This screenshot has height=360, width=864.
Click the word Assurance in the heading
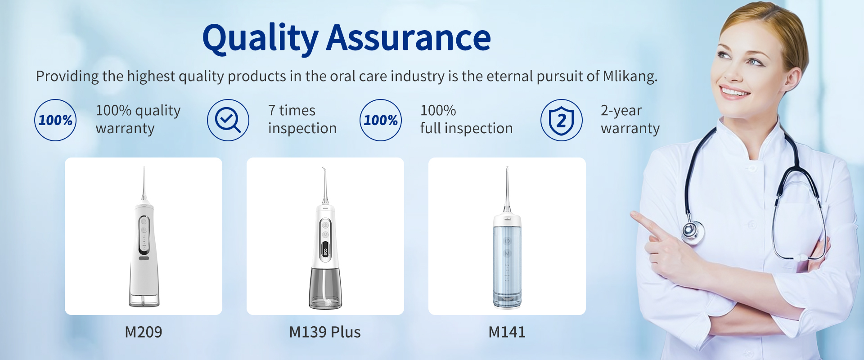point(409,38)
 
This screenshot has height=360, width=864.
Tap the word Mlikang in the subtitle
point(630,76)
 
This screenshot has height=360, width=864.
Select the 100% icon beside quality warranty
point(55,120)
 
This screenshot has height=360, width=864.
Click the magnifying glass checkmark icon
point(228,120)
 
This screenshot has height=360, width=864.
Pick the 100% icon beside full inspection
point(381,120)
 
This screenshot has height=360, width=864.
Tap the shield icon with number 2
point(562,120)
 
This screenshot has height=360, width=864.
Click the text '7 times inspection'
point(302,119)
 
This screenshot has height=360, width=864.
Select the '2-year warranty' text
point(630,119)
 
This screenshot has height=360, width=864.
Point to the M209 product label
point(144,332)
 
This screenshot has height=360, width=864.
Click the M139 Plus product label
point(325,332)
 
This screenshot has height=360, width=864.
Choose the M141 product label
point(507,332)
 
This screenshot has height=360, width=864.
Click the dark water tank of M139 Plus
point(325,288)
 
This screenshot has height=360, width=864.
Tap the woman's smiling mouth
point(734,92)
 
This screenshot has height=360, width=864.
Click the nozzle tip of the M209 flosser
point(144,168)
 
